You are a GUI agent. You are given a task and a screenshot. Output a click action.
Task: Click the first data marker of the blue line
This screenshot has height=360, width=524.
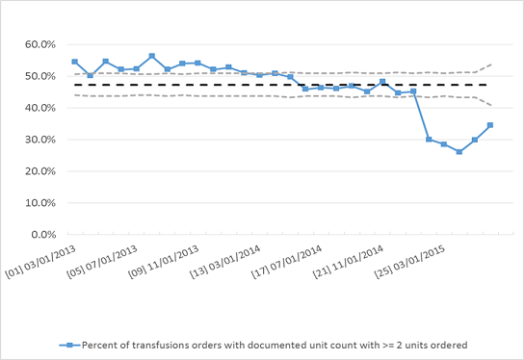click(x=74, y=62)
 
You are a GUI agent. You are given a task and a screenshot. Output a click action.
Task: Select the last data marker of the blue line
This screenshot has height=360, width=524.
click(x=490, y=125)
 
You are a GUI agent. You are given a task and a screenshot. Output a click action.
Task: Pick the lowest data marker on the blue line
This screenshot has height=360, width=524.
click(x=459, y=152)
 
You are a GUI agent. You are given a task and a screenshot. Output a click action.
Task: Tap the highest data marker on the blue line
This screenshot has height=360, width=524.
click(x=151, y=56)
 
